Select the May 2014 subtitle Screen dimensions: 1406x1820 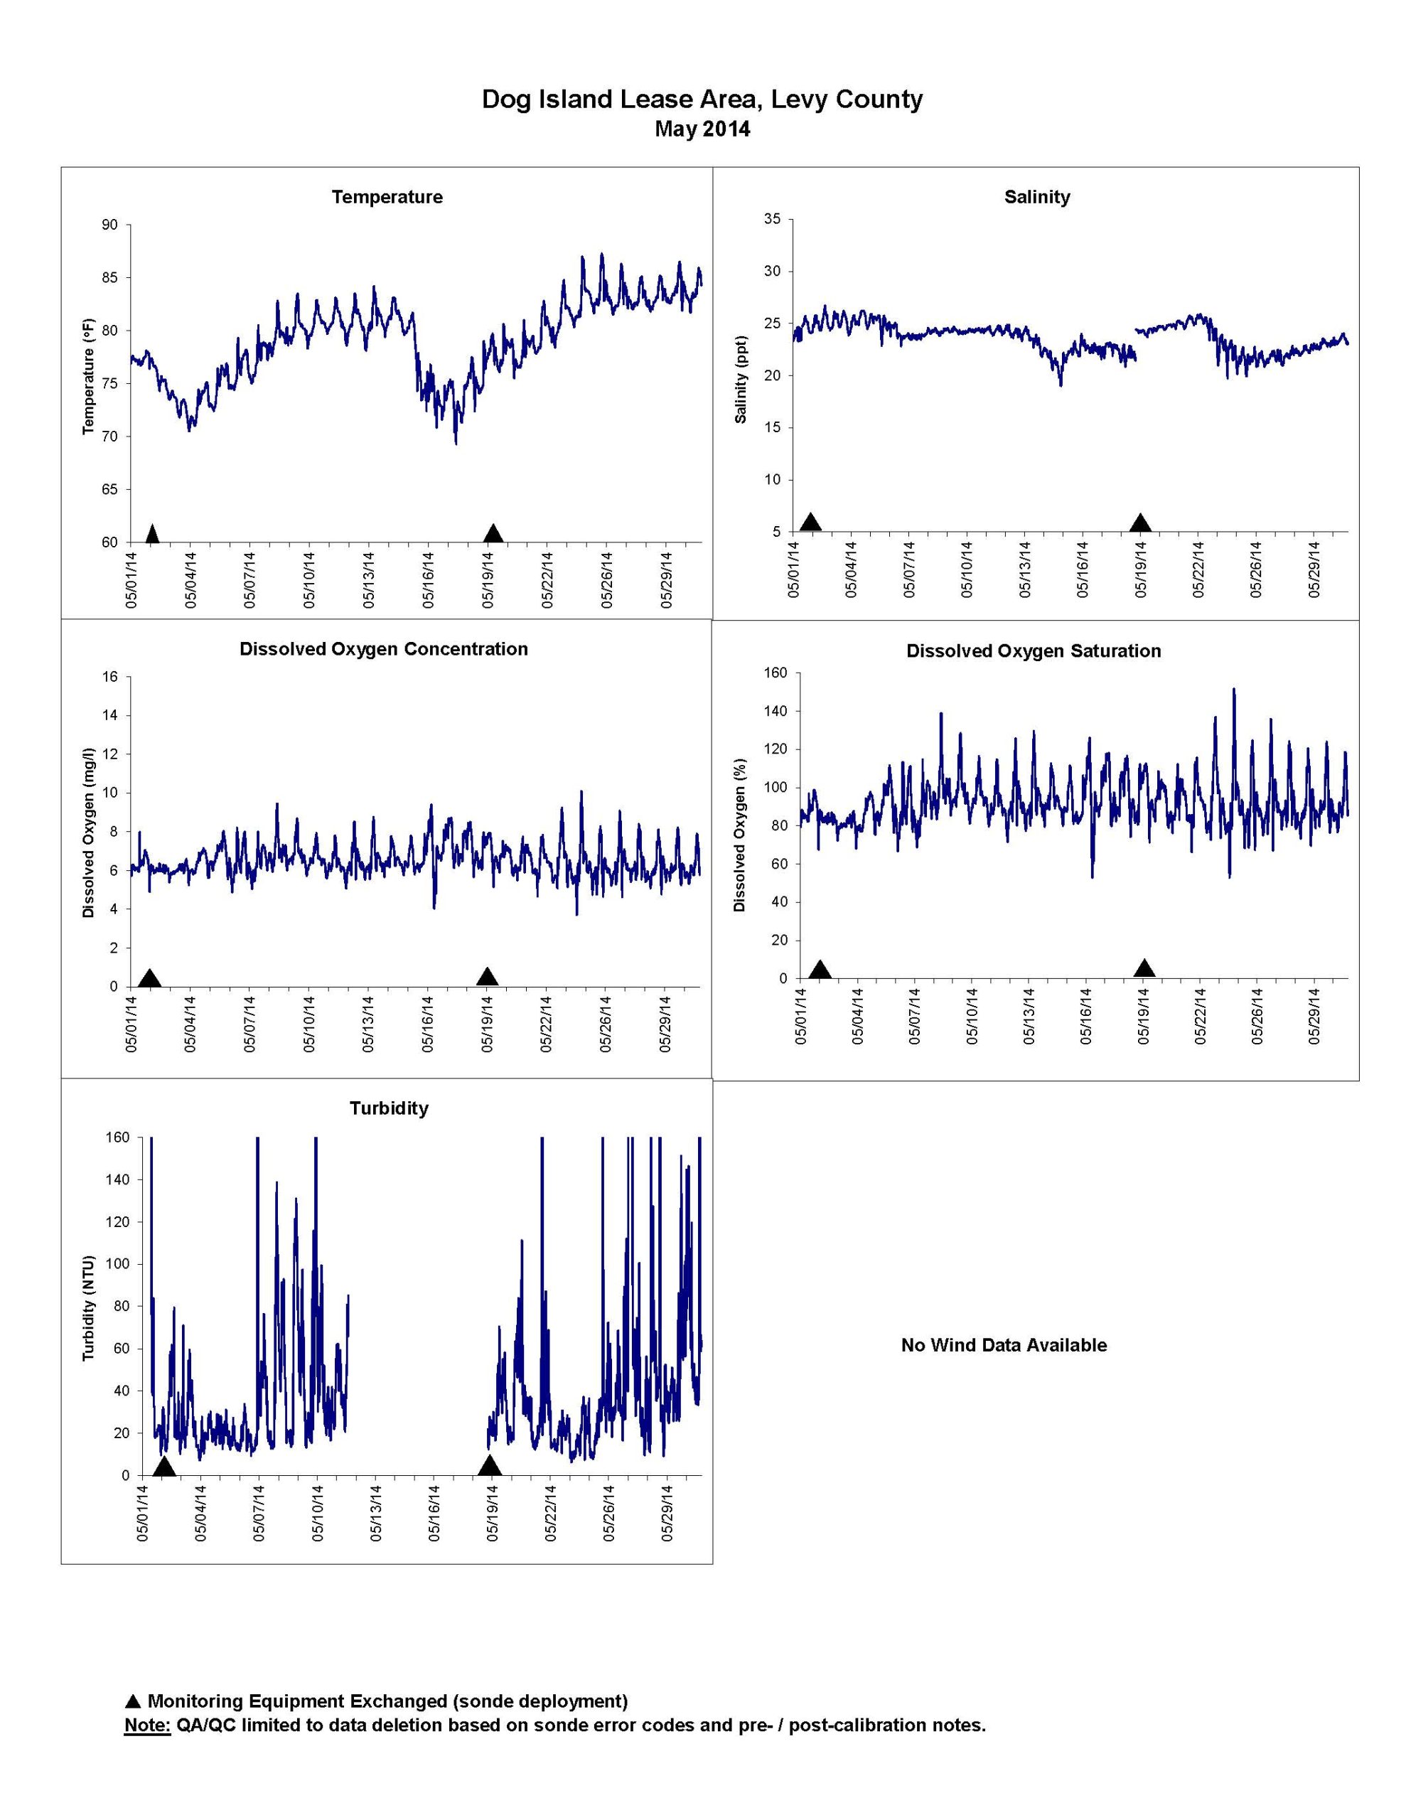(702, 129)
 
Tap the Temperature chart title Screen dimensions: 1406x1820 (387, 198)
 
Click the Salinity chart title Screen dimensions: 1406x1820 (1037, 198)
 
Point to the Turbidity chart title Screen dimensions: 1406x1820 (388, 1108)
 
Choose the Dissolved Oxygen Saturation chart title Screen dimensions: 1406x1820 (1034, 651)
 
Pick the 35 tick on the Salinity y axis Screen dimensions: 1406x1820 (773, 219)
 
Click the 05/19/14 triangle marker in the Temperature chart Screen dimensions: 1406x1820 (493, 533)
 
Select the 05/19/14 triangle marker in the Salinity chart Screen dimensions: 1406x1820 (1140, 523)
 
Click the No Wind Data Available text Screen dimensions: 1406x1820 (1004, 1345)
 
